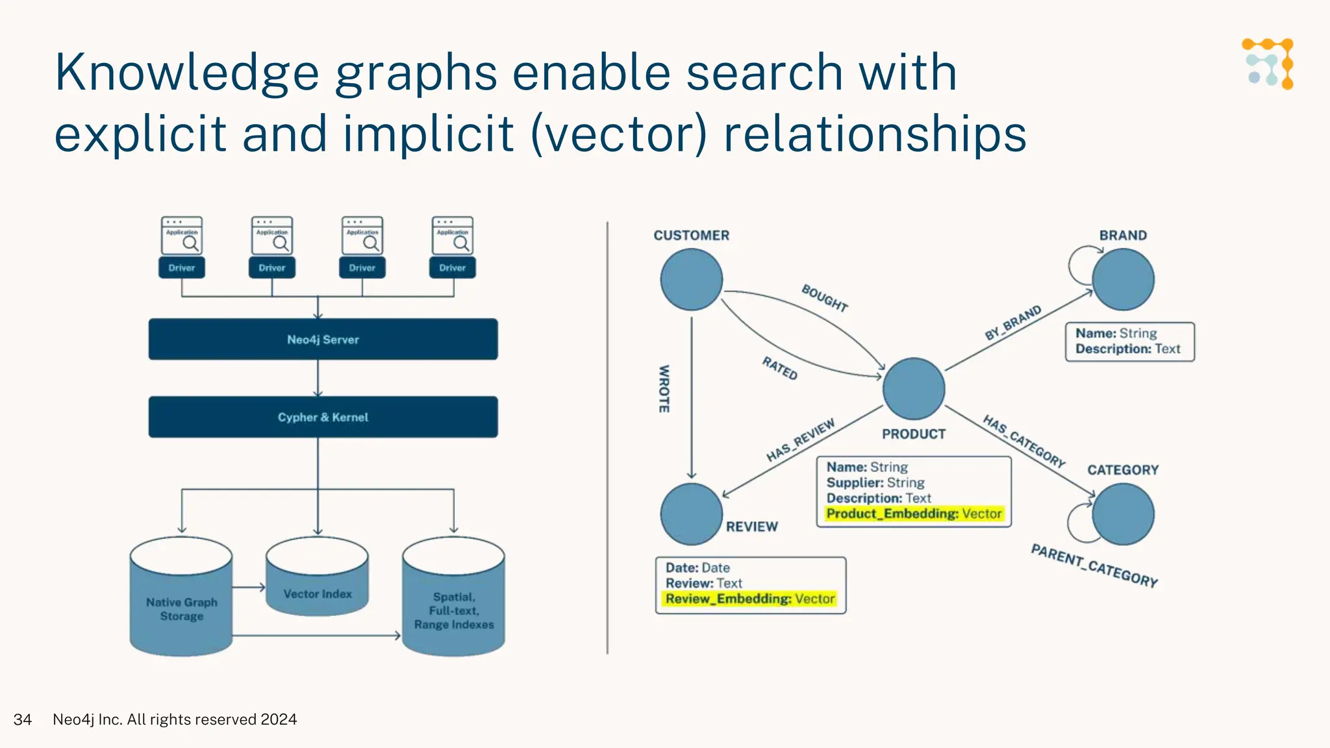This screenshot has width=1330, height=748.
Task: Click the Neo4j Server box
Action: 323,339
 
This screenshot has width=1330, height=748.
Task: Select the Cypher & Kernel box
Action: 323,417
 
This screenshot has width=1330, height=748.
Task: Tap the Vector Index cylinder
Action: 318,584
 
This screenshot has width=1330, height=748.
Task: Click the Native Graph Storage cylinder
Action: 181,604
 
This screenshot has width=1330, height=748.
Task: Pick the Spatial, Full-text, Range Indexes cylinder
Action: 453,604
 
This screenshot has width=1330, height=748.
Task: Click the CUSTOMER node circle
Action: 692,279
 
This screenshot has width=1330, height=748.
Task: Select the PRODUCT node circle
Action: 914,388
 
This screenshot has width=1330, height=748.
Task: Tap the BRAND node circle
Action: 1123,279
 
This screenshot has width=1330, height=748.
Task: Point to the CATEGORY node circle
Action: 1123,514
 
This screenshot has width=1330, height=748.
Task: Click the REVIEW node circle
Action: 692,514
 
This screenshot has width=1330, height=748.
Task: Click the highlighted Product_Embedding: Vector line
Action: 914,514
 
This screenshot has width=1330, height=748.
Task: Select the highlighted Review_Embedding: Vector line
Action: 750,599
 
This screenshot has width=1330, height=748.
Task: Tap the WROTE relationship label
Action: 664,388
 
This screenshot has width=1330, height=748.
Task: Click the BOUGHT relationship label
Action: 824,298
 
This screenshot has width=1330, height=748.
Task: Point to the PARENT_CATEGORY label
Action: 1094,566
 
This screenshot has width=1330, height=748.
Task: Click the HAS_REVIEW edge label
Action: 800,441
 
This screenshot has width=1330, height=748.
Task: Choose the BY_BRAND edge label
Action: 1012,323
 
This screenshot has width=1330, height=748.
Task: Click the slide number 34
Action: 23,719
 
